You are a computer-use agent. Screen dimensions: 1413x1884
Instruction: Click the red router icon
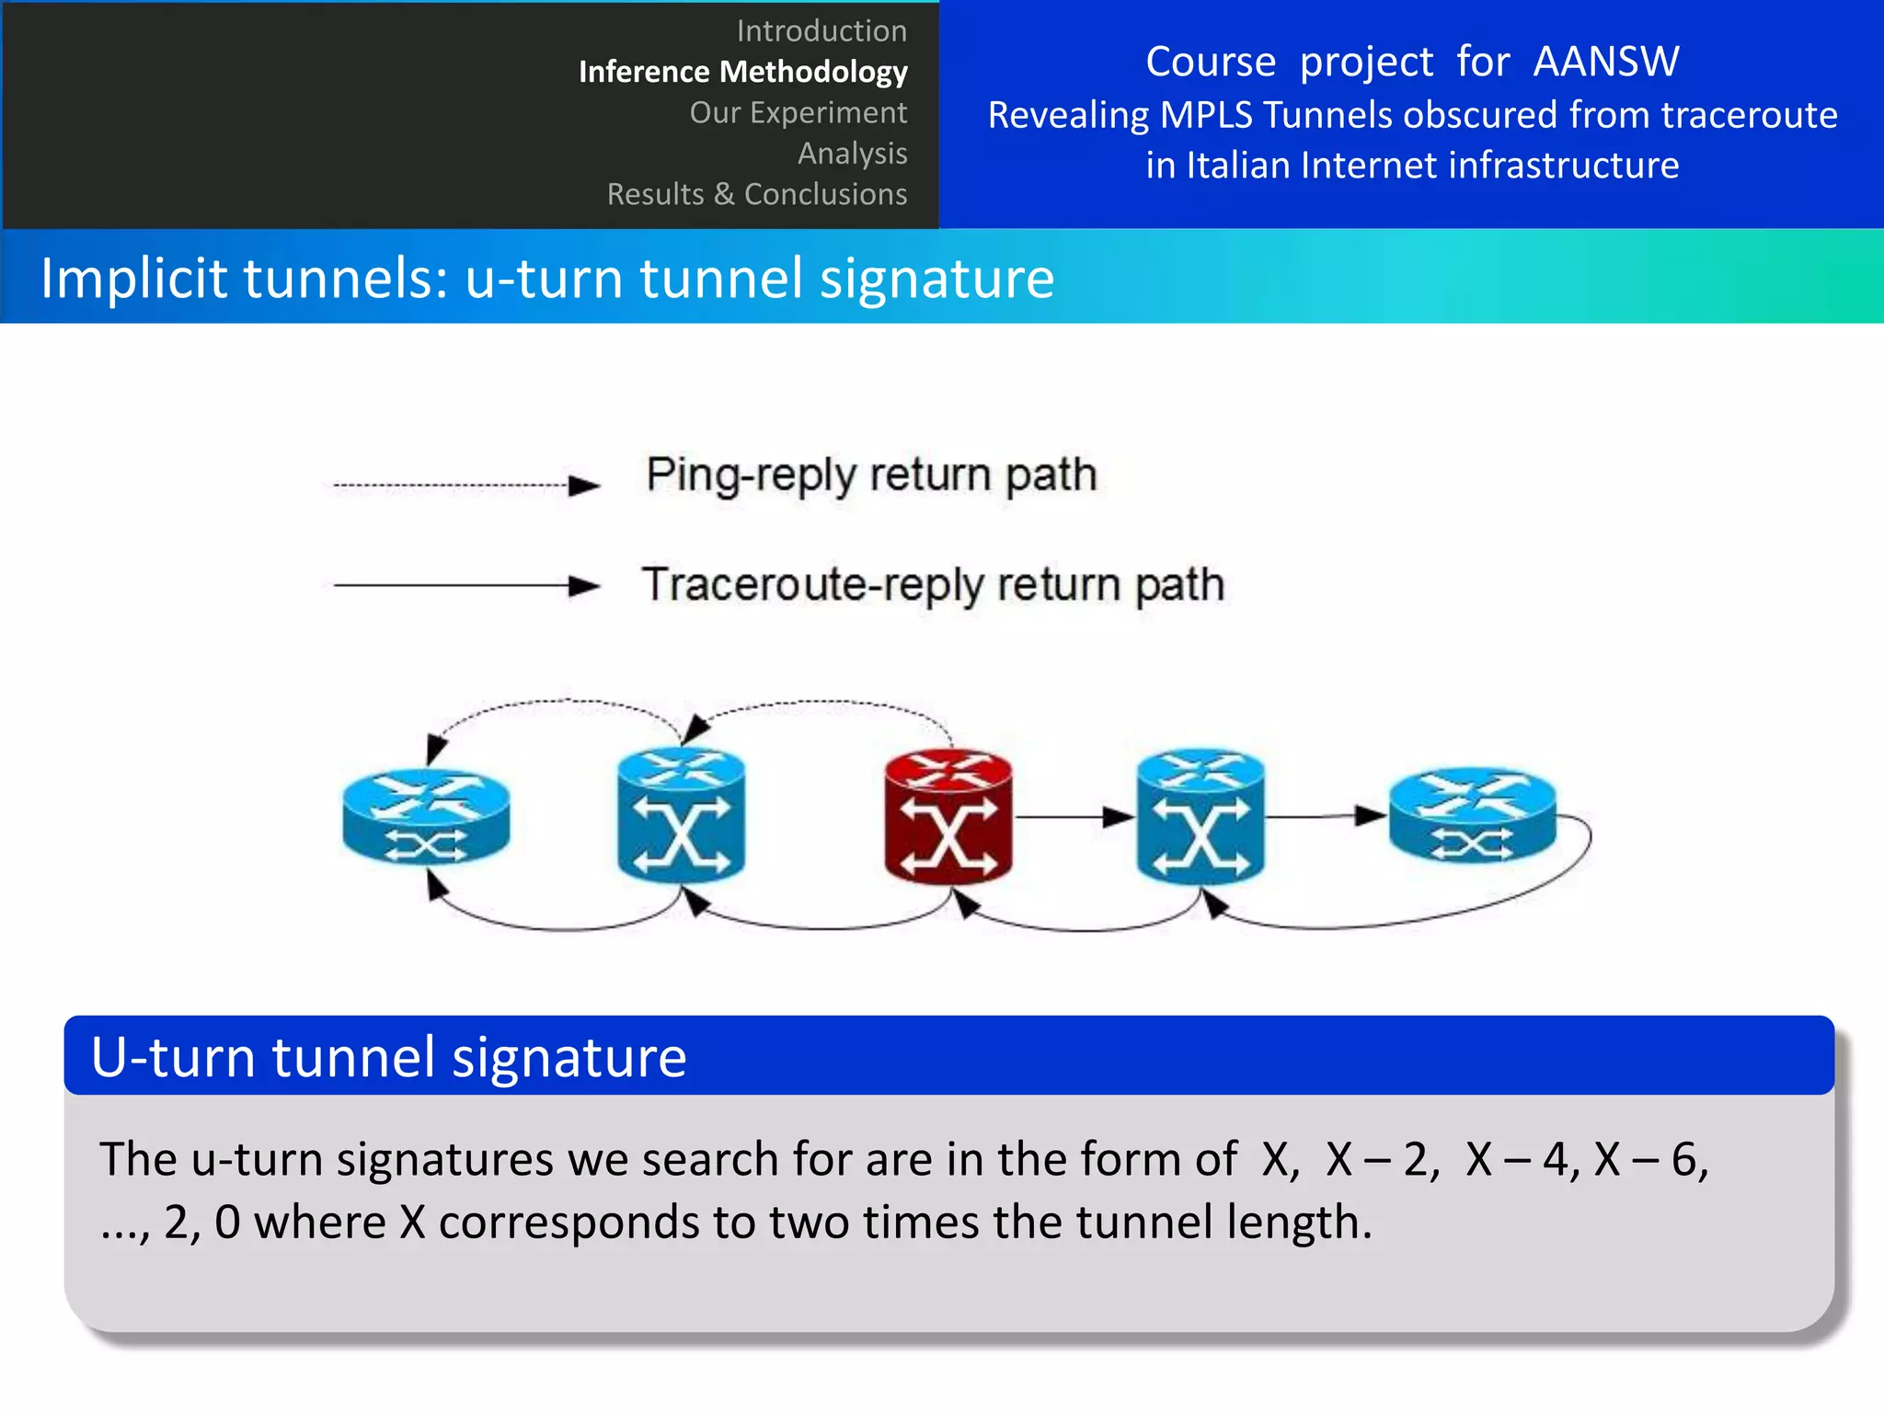pyautogui.click(x=948, y=817)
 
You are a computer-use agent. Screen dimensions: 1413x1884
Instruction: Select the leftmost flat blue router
pyautogui.click(x=426, y=817)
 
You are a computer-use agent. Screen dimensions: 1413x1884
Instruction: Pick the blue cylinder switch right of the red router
pyautogui.click(x=1200, y=817)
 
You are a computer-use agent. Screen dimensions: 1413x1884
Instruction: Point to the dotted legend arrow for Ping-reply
pyautogui.click(x=465, y=485)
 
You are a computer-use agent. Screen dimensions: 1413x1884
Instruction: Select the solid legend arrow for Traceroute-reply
pyautogui.click(x=465, y=585)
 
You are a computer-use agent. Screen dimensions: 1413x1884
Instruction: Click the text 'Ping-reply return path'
pyautogui.click(x=871, y=476)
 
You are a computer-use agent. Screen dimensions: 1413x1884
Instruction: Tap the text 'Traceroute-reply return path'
pyautogui.click(x=933, y=585)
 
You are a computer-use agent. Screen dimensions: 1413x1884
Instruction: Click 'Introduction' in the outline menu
pyautogui.click(x=821, y=31)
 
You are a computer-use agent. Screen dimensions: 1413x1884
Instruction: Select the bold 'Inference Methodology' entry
pyautogui.click(x=742, y=72)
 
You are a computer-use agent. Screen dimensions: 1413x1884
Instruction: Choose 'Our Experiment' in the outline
pyautogui.click(x=798, y=112)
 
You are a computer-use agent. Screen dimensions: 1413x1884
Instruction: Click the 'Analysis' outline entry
pyautogui.click(x=852, y=153)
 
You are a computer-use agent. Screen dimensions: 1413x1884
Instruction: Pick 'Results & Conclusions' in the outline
pyautogui.click(x=756, y=194)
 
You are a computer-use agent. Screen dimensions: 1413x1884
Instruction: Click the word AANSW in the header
pyautogui.click(x=1605, y=63)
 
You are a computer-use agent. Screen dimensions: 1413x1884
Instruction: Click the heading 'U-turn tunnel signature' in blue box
pyautogui.click(x=388, y=1056)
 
